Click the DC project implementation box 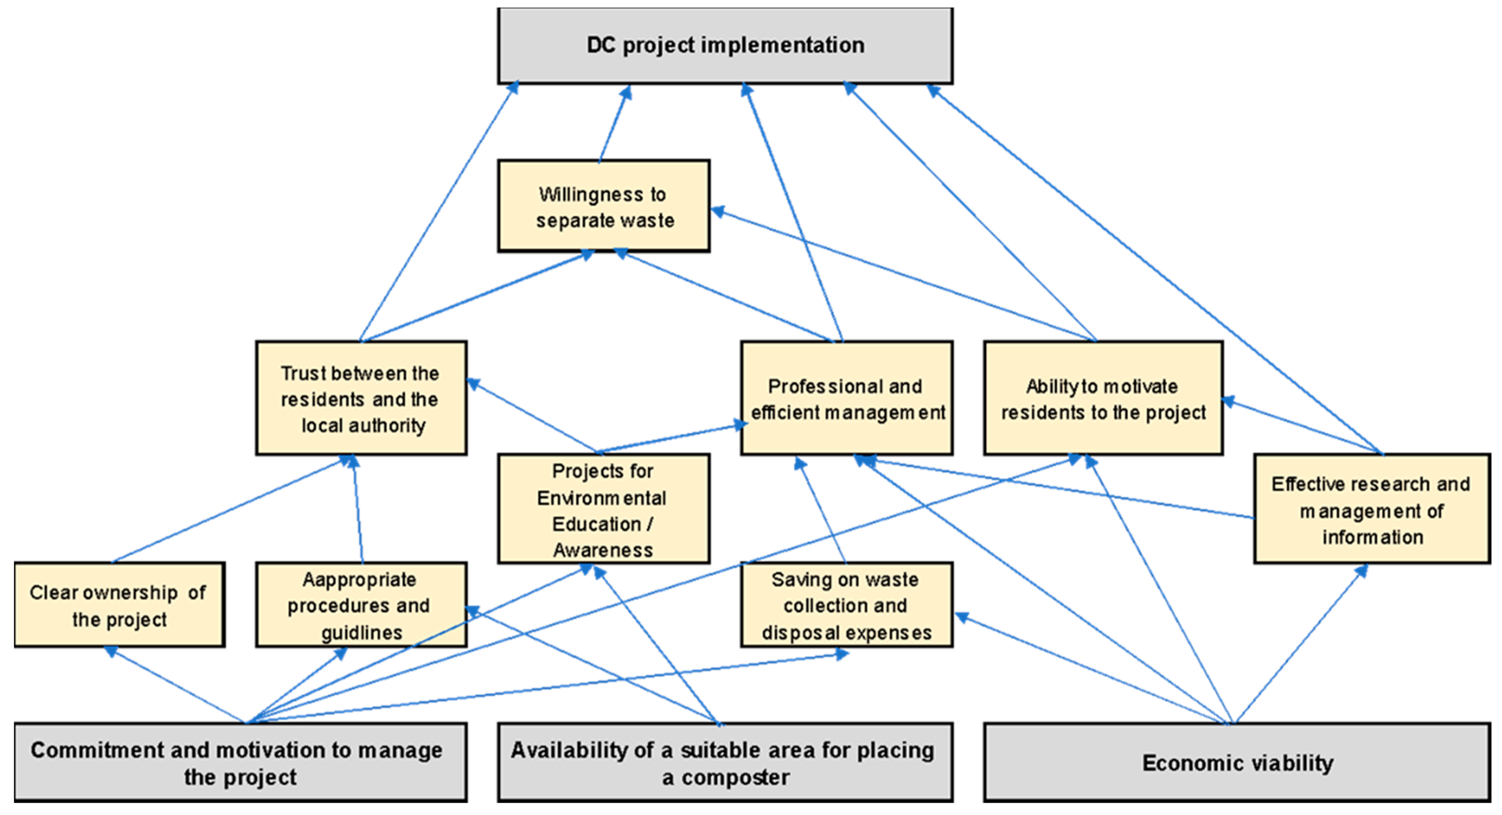tap(725, 45)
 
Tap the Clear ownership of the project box tap(119, 605)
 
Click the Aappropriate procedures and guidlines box tap(361, 605)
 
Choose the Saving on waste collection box tap(847, 605)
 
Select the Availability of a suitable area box tap(725, 762)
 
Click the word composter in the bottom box tap(736, 777)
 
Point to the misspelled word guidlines tap(362, 632)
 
